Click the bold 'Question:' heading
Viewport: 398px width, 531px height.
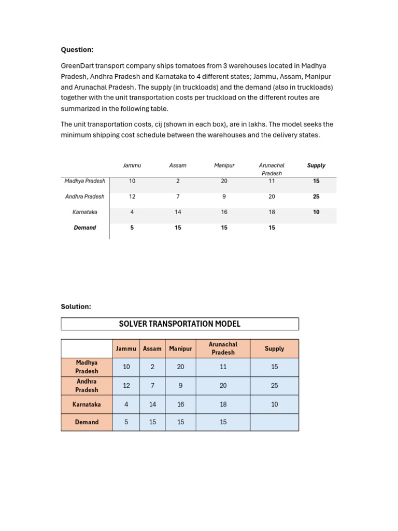(77, 50)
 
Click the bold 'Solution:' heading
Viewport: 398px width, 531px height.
(76, 306)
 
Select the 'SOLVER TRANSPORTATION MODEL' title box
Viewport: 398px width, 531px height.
(180, 324)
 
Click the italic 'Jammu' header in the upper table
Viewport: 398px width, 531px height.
(132, 165)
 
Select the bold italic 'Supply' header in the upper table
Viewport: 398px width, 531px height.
(316, 165)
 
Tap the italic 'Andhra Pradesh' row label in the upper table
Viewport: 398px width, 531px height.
(84, 197)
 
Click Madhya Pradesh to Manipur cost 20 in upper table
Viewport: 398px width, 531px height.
(224, 181)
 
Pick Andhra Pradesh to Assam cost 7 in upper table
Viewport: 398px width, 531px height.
(178, 197)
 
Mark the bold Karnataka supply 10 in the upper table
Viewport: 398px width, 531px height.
(316, 212)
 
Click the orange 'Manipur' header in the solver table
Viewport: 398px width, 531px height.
(180, 348)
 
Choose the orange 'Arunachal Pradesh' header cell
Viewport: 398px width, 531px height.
(223, 348)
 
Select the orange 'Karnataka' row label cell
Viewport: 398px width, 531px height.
(87, 404)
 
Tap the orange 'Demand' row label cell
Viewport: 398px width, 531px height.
(87, 422)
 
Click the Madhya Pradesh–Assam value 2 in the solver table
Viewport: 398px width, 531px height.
(152, 367)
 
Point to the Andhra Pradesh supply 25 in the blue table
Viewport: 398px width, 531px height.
(274, 385)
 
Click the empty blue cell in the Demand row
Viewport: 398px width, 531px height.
(274, 422)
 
